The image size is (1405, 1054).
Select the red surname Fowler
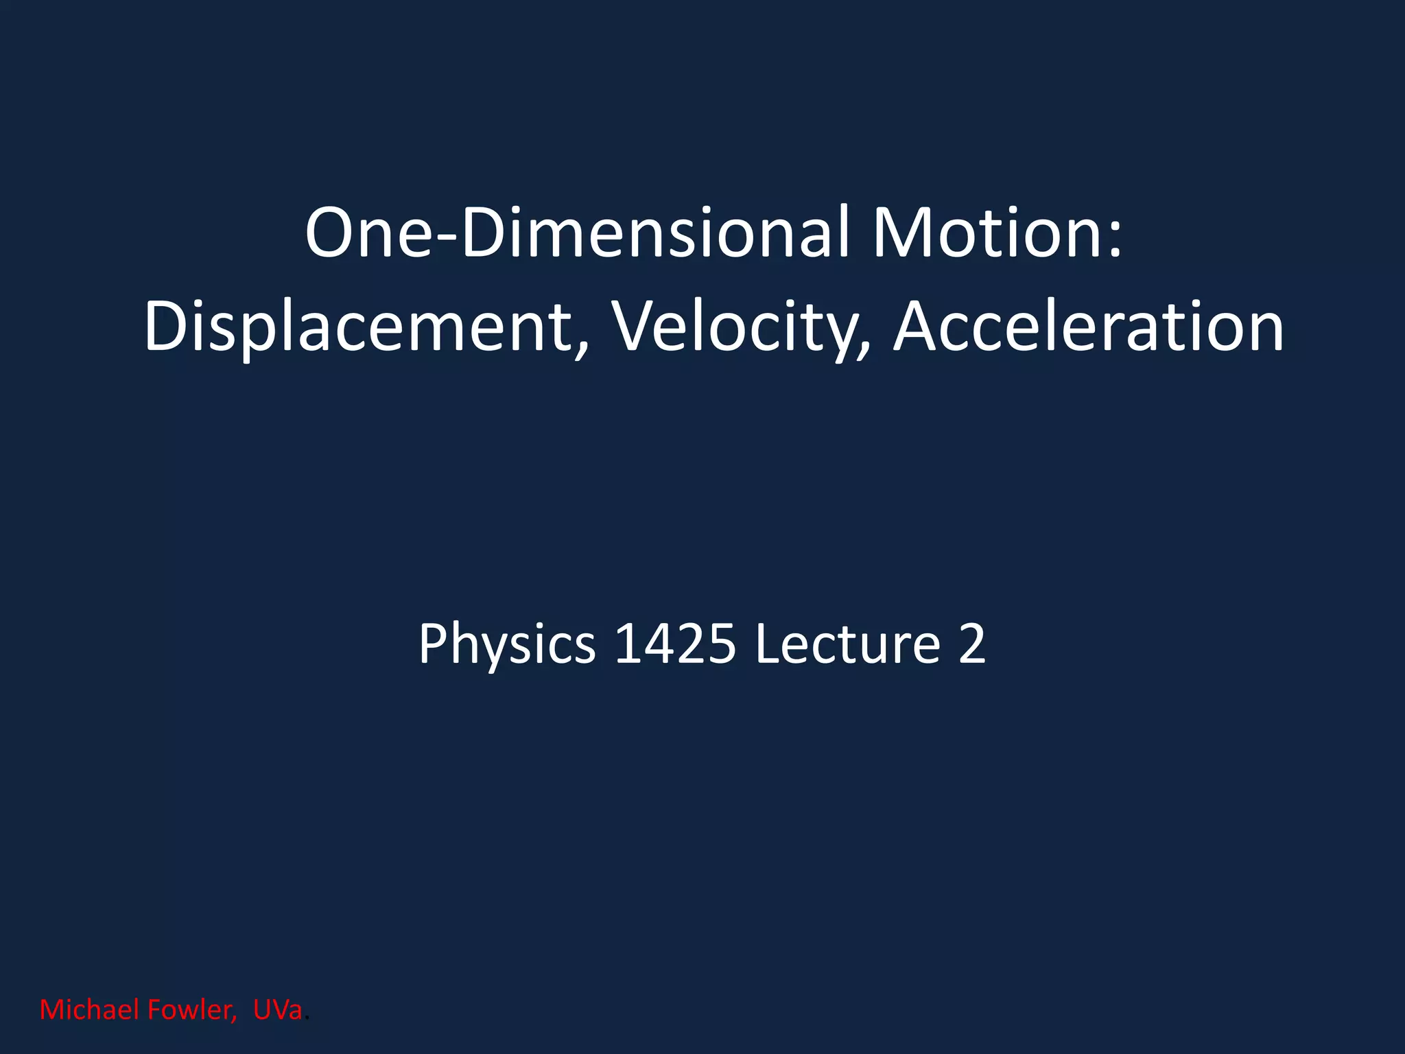click(x=192, y=1010)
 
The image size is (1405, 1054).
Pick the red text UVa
click(x=277, y=1010)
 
